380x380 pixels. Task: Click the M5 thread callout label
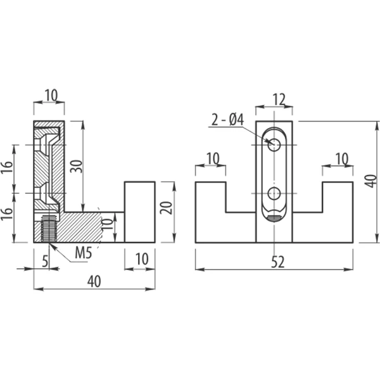tap(84, 253)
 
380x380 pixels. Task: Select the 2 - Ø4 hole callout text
tap(227, 120)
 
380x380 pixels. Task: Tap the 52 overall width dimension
tap(277, 262)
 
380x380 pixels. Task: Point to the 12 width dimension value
tap(279, 99)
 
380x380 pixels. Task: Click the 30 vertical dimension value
tap(77, 166)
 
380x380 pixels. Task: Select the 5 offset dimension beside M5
tap(45, 261)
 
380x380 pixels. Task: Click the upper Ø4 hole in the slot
tap(274, 145)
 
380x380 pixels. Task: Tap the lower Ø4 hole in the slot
tap(274, 193)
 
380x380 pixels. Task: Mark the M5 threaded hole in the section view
tap(49, 228)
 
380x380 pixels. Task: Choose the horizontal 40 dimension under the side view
tap(94, 281)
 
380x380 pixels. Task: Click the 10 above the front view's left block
tap(213, 158)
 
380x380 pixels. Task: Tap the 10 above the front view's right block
tap(342, 159)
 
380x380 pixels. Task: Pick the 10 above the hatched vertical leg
tap(51, 95)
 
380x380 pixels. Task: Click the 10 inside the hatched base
tap(107, 224)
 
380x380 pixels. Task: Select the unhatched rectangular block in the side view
tap(140, 212)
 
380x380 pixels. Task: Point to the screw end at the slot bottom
tap(274, 218)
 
